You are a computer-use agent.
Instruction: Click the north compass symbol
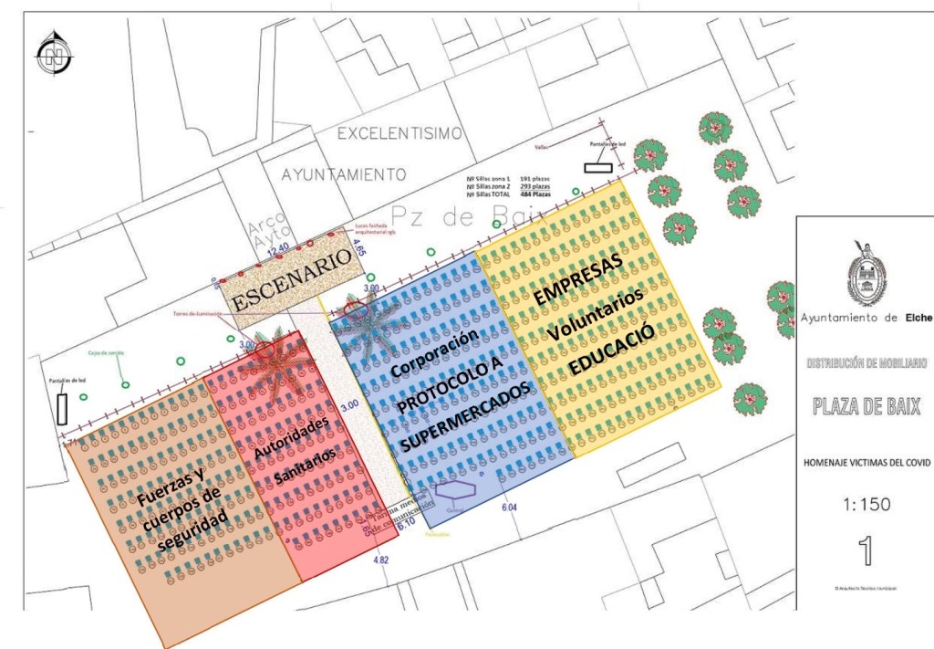tap(54, 55)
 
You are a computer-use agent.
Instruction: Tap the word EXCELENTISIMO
tap(400, 133)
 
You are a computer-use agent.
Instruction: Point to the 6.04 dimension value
tap(509, 507)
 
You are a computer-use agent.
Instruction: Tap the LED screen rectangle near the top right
tap(598, 167)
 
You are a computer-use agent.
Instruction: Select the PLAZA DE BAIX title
tap(867, 406)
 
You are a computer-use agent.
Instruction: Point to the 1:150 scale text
tap(866, 504)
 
